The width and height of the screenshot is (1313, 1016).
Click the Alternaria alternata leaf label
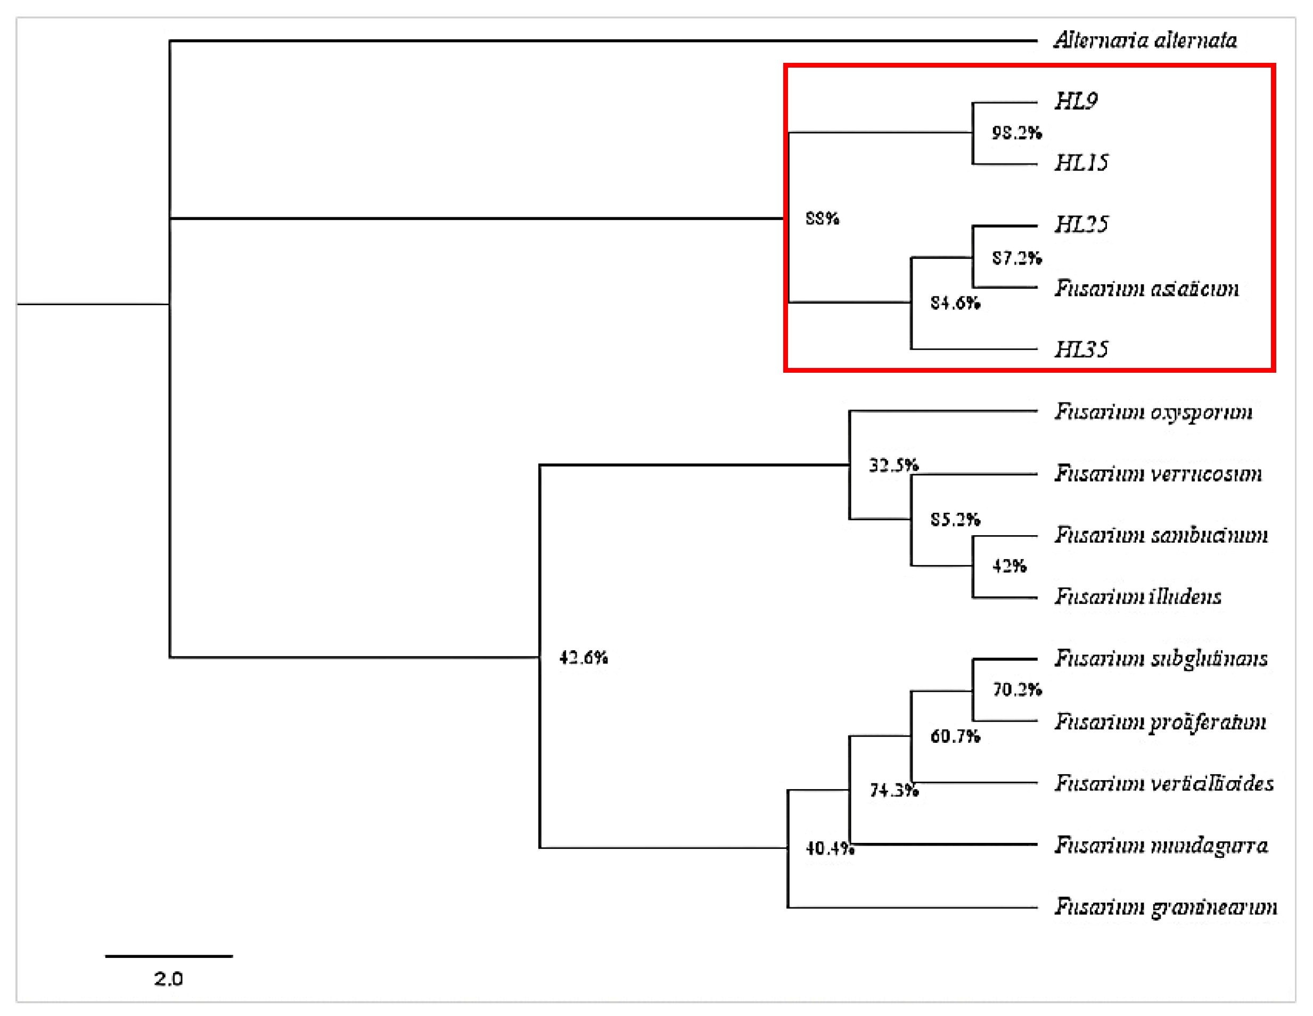click(x=1145, y=40)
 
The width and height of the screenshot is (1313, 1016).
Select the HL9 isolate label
click(x=1076, y=101)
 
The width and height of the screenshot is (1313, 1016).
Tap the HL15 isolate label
click(x=1081, y=162)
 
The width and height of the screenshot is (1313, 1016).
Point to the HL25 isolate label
click(x=1081, y=224)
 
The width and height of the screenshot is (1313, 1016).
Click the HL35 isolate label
click(x=1081, y=349)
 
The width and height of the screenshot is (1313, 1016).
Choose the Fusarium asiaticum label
click(x=1146, y=289)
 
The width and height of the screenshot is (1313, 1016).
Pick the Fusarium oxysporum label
click(x=1153, y=412)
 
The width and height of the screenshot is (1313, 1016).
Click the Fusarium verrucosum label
click(x=1158, y=474)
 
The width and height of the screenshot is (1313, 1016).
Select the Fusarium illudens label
click(x=1137, y=596)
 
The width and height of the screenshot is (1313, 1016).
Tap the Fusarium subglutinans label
click(x=1161, y=658)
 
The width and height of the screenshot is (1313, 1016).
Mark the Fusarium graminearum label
click(x=1165, y=907)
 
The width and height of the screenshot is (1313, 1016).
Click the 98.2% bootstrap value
click(x=1016, y=133)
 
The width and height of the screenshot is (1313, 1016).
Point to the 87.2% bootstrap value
click(x=1016, y=258)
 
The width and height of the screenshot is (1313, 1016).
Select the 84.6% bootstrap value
click(x=955, y=302)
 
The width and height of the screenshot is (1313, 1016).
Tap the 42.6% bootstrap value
click(x=583, y=657)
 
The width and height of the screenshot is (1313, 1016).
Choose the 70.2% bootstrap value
click(x=1016, y=689)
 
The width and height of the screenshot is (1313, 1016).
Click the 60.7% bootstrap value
click(x=955, y=736)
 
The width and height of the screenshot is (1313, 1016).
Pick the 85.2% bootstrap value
click(x=955, y=519)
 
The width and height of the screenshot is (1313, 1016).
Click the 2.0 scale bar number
click(x=168, y=979)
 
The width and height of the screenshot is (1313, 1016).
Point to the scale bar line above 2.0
click(x=169, y=956)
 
